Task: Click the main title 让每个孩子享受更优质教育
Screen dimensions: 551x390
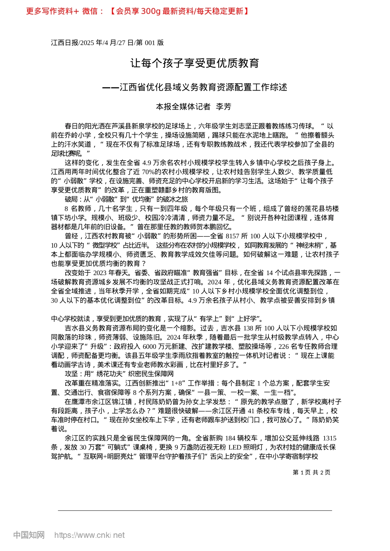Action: click(195, 63)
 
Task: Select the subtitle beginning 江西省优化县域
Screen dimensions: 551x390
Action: click(203, 87)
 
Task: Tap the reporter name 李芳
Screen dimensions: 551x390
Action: click(224, 107)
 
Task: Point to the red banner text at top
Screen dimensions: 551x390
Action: click(138, 11)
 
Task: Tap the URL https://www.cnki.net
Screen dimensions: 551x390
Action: click(89, 535)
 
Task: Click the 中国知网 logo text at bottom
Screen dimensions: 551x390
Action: click(29, 535)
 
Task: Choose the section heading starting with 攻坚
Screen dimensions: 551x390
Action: click(119, 373)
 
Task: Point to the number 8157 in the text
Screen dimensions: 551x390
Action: click(232, 236)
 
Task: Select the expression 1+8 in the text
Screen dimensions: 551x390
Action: click(177, 383)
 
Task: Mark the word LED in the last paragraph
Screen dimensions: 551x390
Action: click(234, 447)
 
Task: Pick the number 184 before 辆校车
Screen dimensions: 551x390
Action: click(230, 438)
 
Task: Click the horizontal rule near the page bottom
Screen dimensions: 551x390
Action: click(195, 510)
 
